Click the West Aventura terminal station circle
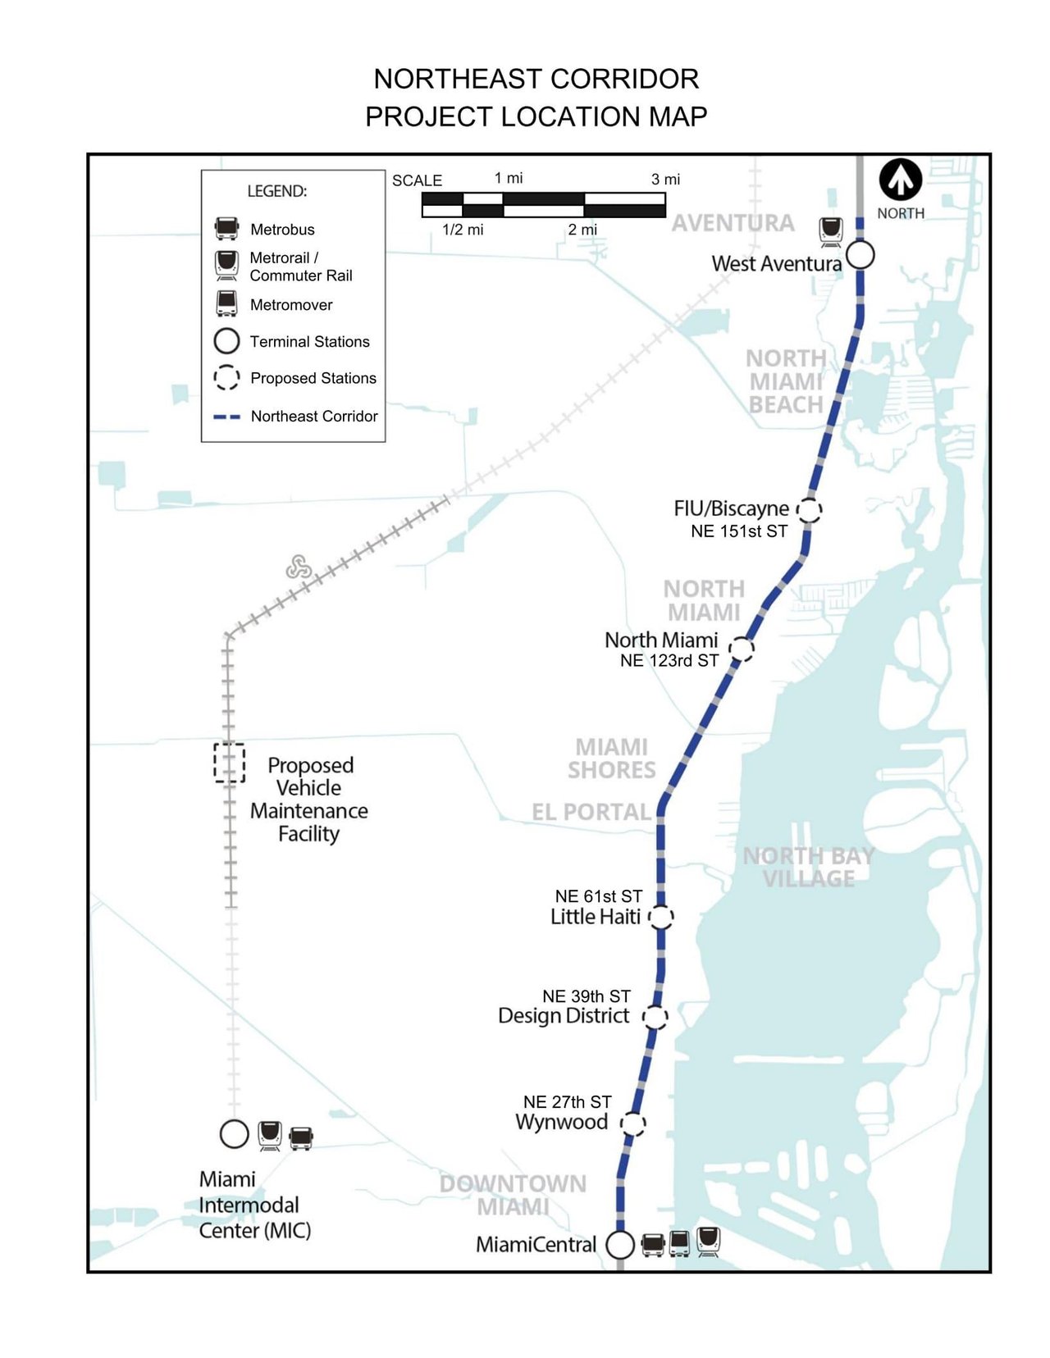click(860, 255)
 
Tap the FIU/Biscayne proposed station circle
click(810, 509)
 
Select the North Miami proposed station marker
click(742, 649)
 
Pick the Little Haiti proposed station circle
click(661, 917)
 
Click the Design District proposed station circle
click(655, 1018)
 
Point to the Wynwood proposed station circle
click(632, 1123)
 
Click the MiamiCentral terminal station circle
click(620, 1244)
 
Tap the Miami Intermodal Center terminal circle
click(235, 1134)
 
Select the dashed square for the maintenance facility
click(230, 763)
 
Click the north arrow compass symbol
click(901, 180)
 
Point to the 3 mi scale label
click(665, 180)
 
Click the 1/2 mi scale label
click(463, 230)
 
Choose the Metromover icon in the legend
click(226, 303)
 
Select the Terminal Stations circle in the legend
click(226, 340)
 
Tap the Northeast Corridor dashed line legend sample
click(226, 417)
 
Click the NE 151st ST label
click(738, 531)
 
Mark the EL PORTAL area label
click(591, 812)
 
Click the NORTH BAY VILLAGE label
click(808, 867)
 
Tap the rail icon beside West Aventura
click(831, 231)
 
